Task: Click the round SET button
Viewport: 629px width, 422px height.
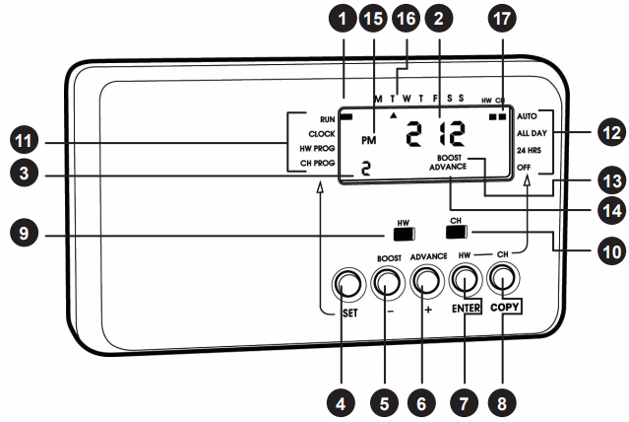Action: tap(346, 284)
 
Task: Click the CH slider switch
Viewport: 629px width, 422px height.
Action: tap(456, 234)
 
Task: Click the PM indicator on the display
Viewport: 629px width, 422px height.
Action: tap(369, 140)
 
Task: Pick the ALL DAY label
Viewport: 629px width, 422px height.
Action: tap(532, 132)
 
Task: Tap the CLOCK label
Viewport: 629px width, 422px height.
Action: tap(322, 132)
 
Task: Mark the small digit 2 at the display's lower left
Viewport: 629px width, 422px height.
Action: tap(364, 169)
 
